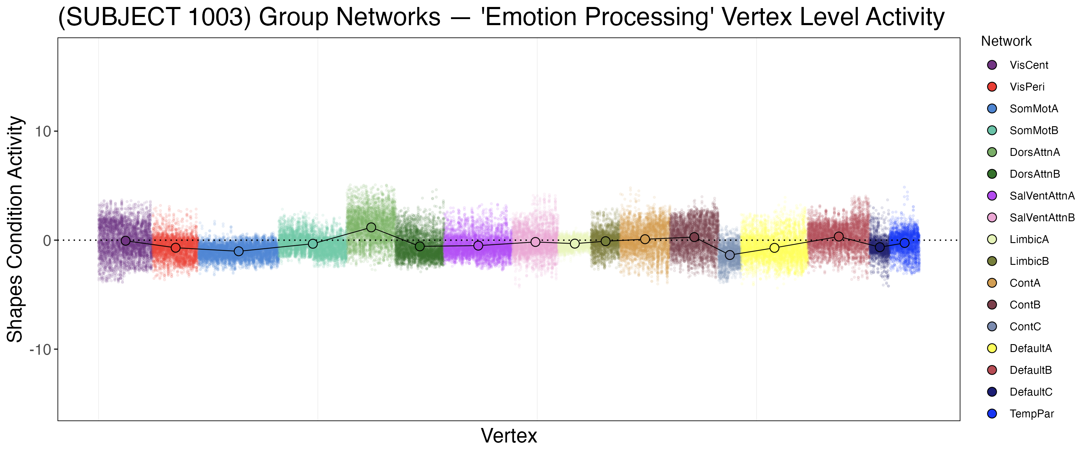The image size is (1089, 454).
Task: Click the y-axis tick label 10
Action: coord(42,132)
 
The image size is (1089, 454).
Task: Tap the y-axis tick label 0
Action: coord(47,241)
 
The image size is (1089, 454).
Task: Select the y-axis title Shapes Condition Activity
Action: coord(15,229)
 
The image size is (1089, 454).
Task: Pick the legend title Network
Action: coord(1006,41)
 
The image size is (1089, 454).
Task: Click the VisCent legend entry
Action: coord(1028,65)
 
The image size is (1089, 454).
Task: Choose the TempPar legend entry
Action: coord(1031,414)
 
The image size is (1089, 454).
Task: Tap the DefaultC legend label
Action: coord(1031,392)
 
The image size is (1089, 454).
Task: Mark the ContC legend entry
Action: coord(1025,327)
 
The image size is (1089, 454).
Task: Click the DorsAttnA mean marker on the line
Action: coord(371,227)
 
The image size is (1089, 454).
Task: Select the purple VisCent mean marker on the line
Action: coord(126,241)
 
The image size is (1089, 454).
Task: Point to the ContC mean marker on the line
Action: coord(730,255)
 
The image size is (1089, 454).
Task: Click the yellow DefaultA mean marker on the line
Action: coord(774,248)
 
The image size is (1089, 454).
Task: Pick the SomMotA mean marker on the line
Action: coord(239,251)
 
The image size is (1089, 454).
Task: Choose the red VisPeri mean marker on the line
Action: coord(176,248)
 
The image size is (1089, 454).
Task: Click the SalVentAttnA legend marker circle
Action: coord(992,196)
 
